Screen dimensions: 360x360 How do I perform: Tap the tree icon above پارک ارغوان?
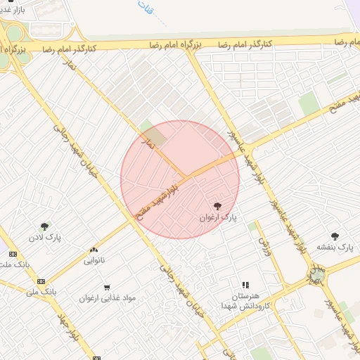216,205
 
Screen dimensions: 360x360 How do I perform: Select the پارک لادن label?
45,238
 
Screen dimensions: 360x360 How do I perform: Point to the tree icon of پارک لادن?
45,226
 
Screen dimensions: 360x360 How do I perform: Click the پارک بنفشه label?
334,247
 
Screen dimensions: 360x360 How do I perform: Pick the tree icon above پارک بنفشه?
335,236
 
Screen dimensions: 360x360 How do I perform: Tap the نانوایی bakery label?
94,260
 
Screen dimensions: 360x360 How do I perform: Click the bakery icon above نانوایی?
94,250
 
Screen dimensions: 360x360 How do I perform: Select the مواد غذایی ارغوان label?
105,298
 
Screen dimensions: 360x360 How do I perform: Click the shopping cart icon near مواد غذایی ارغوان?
107,287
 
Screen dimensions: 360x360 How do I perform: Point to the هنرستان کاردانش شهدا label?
245,302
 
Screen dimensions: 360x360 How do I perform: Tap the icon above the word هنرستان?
245,285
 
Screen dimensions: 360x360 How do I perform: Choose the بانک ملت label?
14,265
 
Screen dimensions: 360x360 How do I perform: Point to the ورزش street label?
264,246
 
